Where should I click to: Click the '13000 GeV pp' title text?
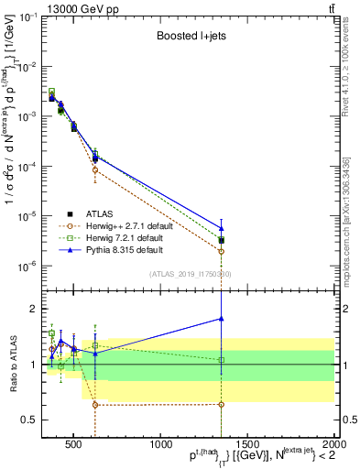tap(78, 9)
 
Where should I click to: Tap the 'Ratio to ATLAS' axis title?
tap(12, 365)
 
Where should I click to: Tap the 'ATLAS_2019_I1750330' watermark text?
tap(191, 274)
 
